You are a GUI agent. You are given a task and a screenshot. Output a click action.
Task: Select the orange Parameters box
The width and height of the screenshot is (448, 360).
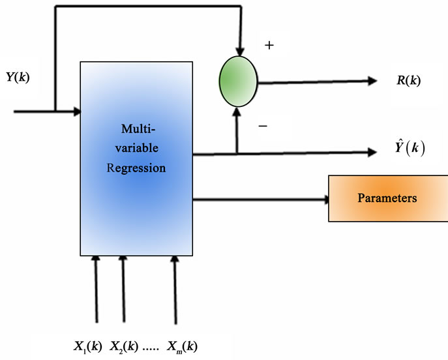(387, 197)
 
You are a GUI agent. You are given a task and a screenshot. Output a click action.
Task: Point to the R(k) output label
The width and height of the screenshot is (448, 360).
(408, 81)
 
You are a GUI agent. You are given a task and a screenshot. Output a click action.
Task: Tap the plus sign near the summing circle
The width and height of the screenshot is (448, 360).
(269, 46)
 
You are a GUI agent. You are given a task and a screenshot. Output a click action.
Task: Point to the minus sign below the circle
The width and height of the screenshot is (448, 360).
(263, 126)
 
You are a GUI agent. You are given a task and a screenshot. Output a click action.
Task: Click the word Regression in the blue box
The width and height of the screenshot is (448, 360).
(136, 168)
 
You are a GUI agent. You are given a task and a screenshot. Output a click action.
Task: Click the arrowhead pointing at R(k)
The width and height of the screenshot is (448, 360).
(372, 81)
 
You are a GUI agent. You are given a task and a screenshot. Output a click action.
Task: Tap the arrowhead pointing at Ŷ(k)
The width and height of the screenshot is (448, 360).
(372, 153)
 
